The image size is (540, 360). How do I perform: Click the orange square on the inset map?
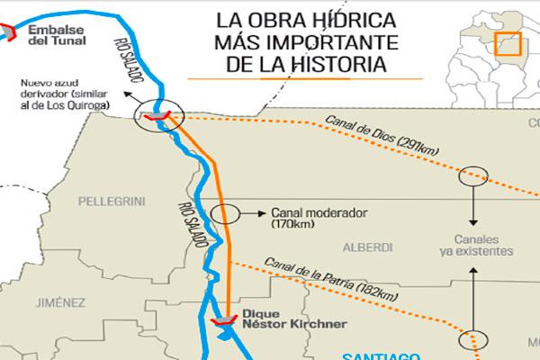(x=509, y=46)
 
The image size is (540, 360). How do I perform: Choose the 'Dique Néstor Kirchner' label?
(x=283, y=320)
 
